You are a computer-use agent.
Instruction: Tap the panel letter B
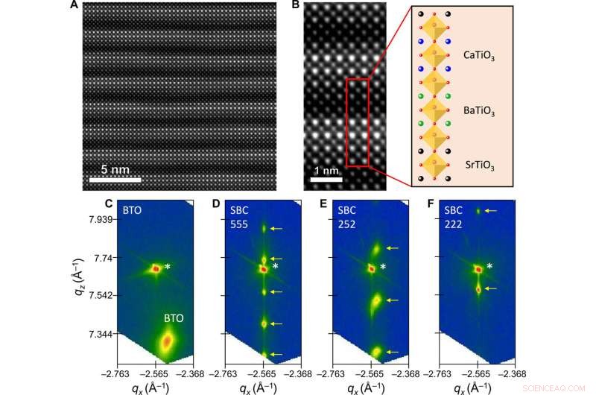click(296, 7)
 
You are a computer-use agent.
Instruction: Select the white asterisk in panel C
click(168, 267)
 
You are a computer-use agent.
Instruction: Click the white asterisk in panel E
click(383, 267)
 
